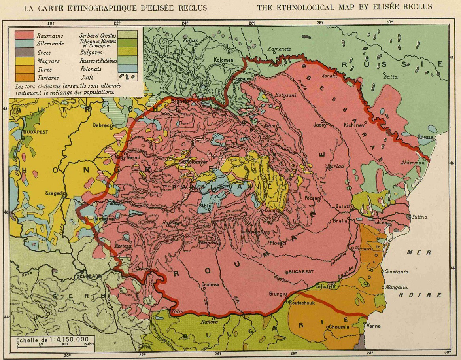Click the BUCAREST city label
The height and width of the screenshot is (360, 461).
[301, 272]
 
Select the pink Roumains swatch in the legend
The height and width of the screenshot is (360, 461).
[24, 36]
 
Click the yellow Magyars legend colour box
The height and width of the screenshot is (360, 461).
[24, 61]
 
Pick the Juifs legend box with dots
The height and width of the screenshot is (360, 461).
[128, 77]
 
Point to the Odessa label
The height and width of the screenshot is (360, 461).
[425, 137]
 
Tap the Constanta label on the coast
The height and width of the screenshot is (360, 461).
[397, 272]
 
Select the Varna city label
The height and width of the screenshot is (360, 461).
[374, 326]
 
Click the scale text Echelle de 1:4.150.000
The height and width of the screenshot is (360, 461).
[53, 339]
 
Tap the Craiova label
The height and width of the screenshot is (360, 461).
[210, 284]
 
